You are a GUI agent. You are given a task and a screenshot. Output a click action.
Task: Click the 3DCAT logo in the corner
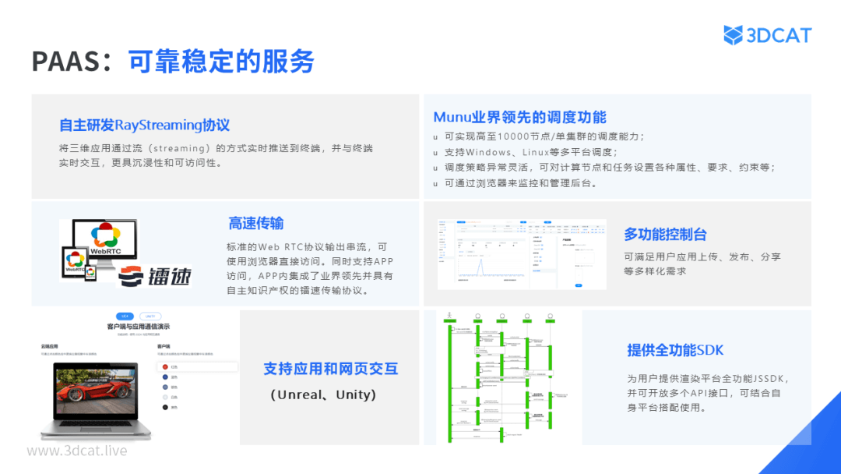[767, 35]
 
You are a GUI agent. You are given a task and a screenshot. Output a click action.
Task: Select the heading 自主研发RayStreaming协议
[144, 125]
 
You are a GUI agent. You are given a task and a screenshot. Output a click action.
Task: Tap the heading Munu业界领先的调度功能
[519, 117]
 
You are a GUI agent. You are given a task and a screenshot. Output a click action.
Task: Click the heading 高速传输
[255, 224]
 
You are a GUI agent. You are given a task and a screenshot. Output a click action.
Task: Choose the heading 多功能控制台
[665, 234]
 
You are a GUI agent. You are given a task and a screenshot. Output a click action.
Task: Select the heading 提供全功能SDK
[675, 350]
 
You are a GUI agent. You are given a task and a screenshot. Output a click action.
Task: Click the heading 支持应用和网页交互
[330, 369]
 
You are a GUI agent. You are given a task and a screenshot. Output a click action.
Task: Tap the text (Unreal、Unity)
[323, 394]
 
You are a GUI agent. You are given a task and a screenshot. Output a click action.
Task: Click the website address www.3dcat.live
[76, 451]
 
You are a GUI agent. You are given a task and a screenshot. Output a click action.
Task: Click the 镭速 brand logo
[156, 276]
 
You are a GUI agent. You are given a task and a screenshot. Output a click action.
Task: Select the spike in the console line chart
[481, 267]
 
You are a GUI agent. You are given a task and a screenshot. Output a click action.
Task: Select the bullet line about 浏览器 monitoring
[520, 183]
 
